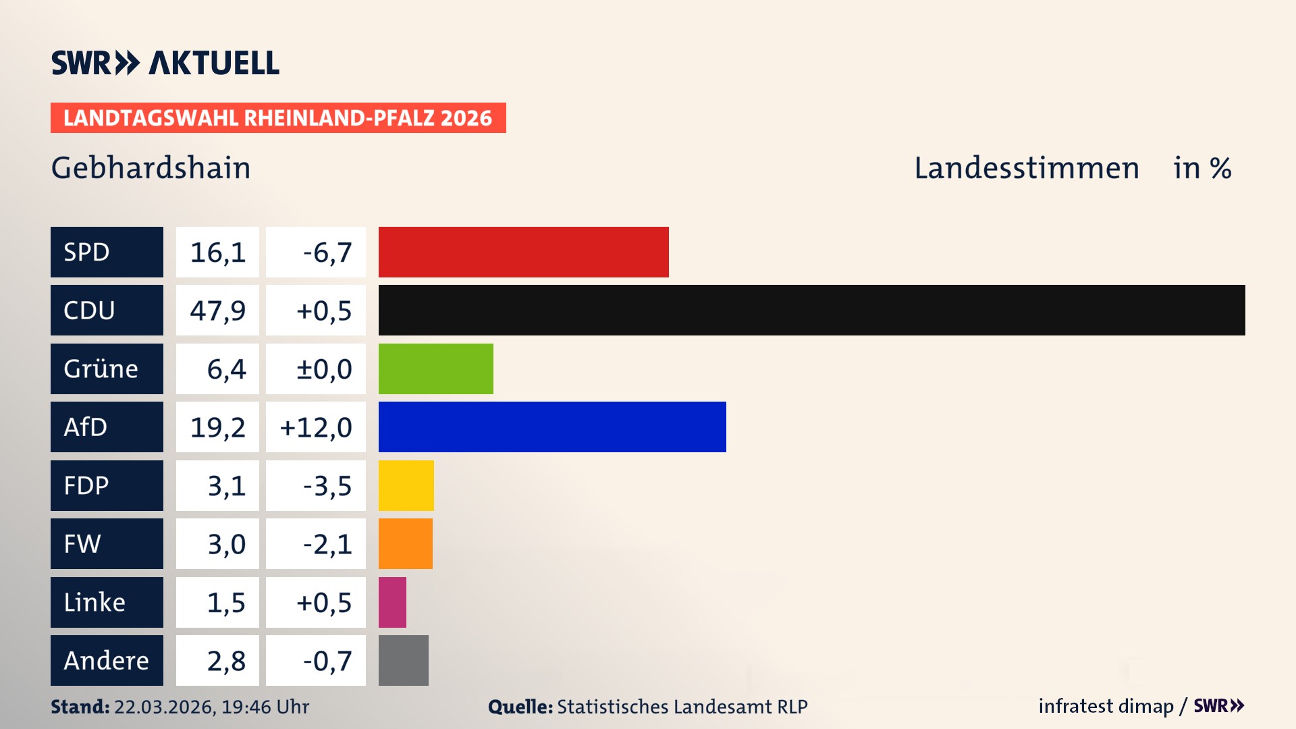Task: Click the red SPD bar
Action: click(523, 252)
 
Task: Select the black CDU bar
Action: click(811, 310)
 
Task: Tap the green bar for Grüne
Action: click(435, 369)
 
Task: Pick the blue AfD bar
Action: click(552, 427)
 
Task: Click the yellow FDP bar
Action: click(406, 485)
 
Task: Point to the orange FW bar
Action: click(405, 543)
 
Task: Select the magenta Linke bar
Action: click(392, 602)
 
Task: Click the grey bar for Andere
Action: click(403, 660)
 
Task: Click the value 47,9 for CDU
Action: click(217, 310)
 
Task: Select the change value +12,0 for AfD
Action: click(316, 427)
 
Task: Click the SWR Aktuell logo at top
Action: click(165, 63)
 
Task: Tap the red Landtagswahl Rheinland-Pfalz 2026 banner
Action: click(278, 117)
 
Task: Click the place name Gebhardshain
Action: click(151, 167)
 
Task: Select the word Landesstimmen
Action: click(1026, 167)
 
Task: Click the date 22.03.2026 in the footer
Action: click(164, 707)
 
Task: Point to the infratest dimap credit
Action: click(1105, 706)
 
